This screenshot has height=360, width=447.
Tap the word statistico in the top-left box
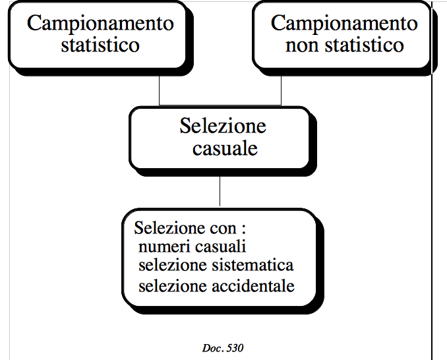pyautogui.click(x=100, y=45)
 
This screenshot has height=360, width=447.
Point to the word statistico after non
pyautogui.click(x=365, y=45)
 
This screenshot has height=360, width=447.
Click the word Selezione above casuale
pyautogui.click(x=223, y=126)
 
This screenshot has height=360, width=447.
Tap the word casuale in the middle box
pyautogui.click(x=225, y=149)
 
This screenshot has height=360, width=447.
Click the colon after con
pyautogui.click(x=244, y=229)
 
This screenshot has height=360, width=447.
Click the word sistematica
pyautogui.click(x=253, y=265)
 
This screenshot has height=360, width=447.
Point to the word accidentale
pyautogui.click(x=253, y=285)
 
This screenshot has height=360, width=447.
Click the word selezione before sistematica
pyautogui.click(x=173, y=265)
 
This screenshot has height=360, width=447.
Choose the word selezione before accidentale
pyautogui.click(x=173, y=285)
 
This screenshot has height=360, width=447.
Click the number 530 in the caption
pyautogui.click(x=235, y=348)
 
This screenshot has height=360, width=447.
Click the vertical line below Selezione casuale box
pyautogui.click(x=220, y=191)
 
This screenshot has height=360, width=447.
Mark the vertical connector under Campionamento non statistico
pyautogui.click(x=281, y=90)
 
